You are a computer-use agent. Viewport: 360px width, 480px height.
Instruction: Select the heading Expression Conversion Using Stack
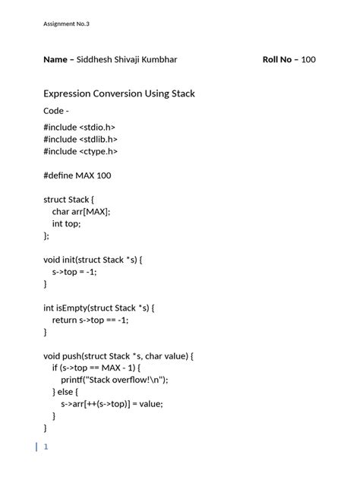pos(119,93)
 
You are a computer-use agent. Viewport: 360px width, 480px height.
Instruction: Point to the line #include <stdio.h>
pos(81,128)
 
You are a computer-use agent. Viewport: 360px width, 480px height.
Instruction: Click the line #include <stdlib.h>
pos(81,140)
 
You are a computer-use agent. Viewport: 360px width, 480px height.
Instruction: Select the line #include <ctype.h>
pos(81,151)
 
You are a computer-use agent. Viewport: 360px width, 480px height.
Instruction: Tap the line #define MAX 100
pos(77,175)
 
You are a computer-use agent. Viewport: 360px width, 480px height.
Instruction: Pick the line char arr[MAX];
pos(81,212)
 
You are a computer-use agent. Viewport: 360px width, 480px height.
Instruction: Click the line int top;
pos(66,223)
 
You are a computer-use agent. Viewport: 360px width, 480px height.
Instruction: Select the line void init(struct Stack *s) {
pos(93,260)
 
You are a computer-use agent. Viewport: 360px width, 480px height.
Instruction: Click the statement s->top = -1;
pos(74,271)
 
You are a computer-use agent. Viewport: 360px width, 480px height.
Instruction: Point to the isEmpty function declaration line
pos(99,308)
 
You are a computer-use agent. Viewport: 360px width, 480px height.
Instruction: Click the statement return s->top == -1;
pos(90,320)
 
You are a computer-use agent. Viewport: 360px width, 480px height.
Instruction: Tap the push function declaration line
pos(119,355)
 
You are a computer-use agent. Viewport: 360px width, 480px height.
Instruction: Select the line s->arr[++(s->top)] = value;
pos(112,404)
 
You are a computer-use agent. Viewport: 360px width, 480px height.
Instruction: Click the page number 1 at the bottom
pos(46,447)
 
